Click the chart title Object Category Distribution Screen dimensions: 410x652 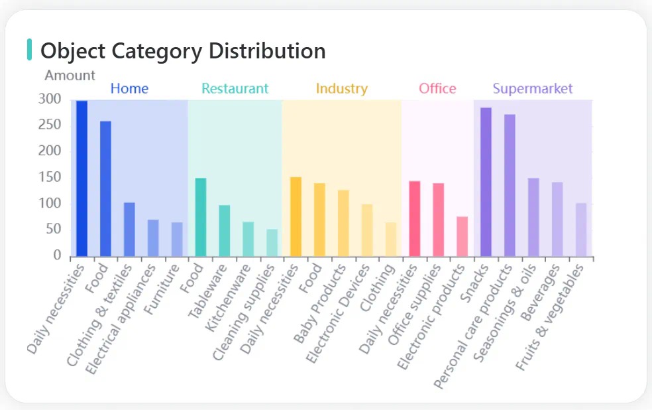point(183,50)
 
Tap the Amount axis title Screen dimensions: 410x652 point(70,75)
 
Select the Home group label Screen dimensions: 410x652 point(129,88)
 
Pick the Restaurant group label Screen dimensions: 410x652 point(235,88)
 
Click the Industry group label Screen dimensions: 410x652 point(341,88)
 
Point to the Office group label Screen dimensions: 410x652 point(437,88)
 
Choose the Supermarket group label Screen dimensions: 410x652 point(532,88)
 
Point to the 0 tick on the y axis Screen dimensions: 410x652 point(57,255)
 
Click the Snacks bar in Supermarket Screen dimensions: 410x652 point(486,182)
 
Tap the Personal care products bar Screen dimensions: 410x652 point(510,185)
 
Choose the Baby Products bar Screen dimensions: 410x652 point(343,223)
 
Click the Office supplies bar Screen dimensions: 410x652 point(438,219)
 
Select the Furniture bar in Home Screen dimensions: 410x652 point(177,239)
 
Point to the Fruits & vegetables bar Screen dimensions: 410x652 point(581,230)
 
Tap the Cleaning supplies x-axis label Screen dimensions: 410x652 point(244,312)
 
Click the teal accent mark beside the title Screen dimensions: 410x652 point(29,50)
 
